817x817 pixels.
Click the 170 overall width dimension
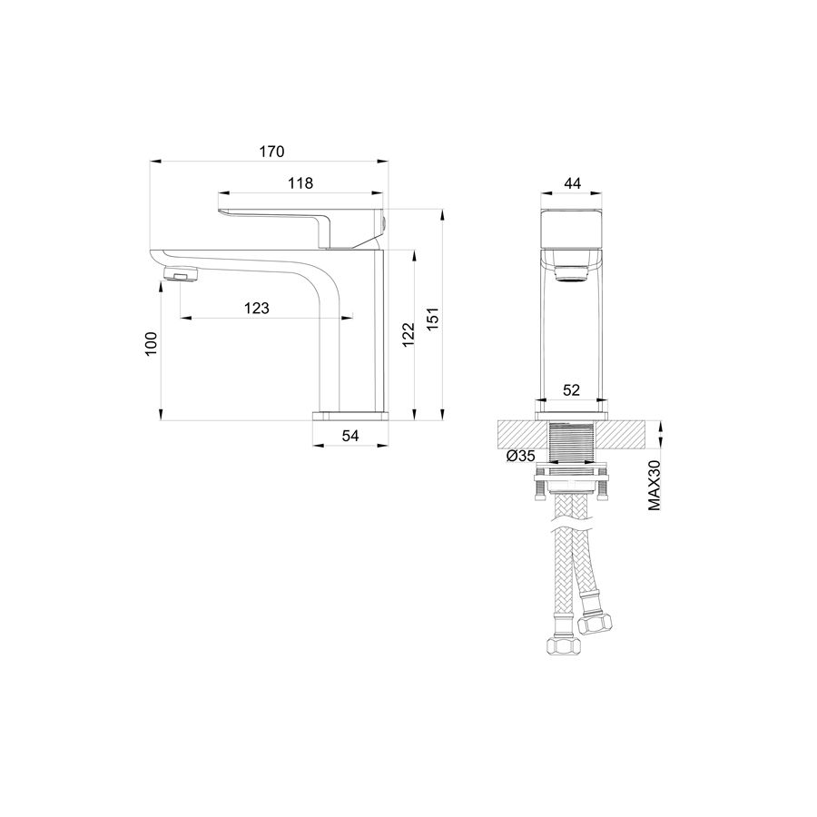[272, 152]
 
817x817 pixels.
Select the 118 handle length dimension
[300, 183]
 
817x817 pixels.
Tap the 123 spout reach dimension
[257, 309]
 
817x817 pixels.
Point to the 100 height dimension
[151, 343]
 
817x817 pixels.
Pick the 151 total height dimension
[433, 319]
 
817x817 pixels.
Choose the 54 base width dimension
[350, 436]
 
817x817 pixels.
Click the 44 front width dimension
[572, 183]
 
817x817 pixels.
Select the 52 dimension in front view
[571, 390]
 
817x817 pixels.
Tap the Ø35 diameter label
[520, 456]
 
